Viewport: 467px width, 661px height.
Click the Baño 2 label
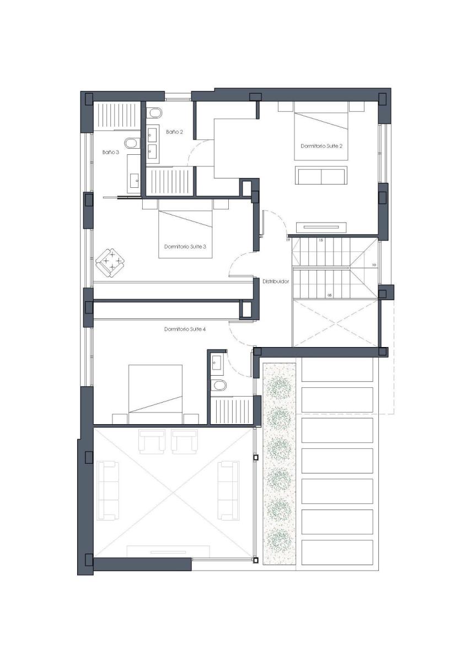(174, 132)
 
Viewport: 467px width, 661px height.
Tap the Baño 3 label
(111, 152)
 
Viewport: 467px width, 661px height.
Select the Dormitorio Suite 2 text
(321, 146)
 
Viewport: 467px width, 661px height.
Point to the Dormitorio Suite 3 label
(185, 246)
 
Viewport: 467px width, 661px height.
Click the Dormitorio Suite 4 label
(185, 329)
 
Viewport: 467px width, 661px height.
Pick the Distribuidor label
(276, 281)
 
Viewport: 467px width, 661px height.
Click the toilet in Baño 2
(154, 113)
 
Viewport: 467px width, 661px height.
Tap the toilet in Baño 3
(132, 143)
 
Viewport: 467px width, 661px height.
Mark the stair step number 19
(288, 240)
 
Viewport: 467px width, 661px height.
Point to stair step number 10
(374, 265)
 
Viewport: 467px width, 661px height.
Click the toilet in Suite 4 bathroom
(219, 385)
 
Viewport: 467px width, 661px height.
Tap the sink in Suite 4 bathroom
(217, 360)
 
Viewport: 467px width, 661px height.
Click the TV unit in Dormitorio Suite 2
(321, 227)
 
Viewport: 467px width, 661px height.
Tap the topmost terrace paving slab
(337, 369)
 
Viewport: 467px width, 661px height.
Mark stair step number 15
(321, 240)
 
